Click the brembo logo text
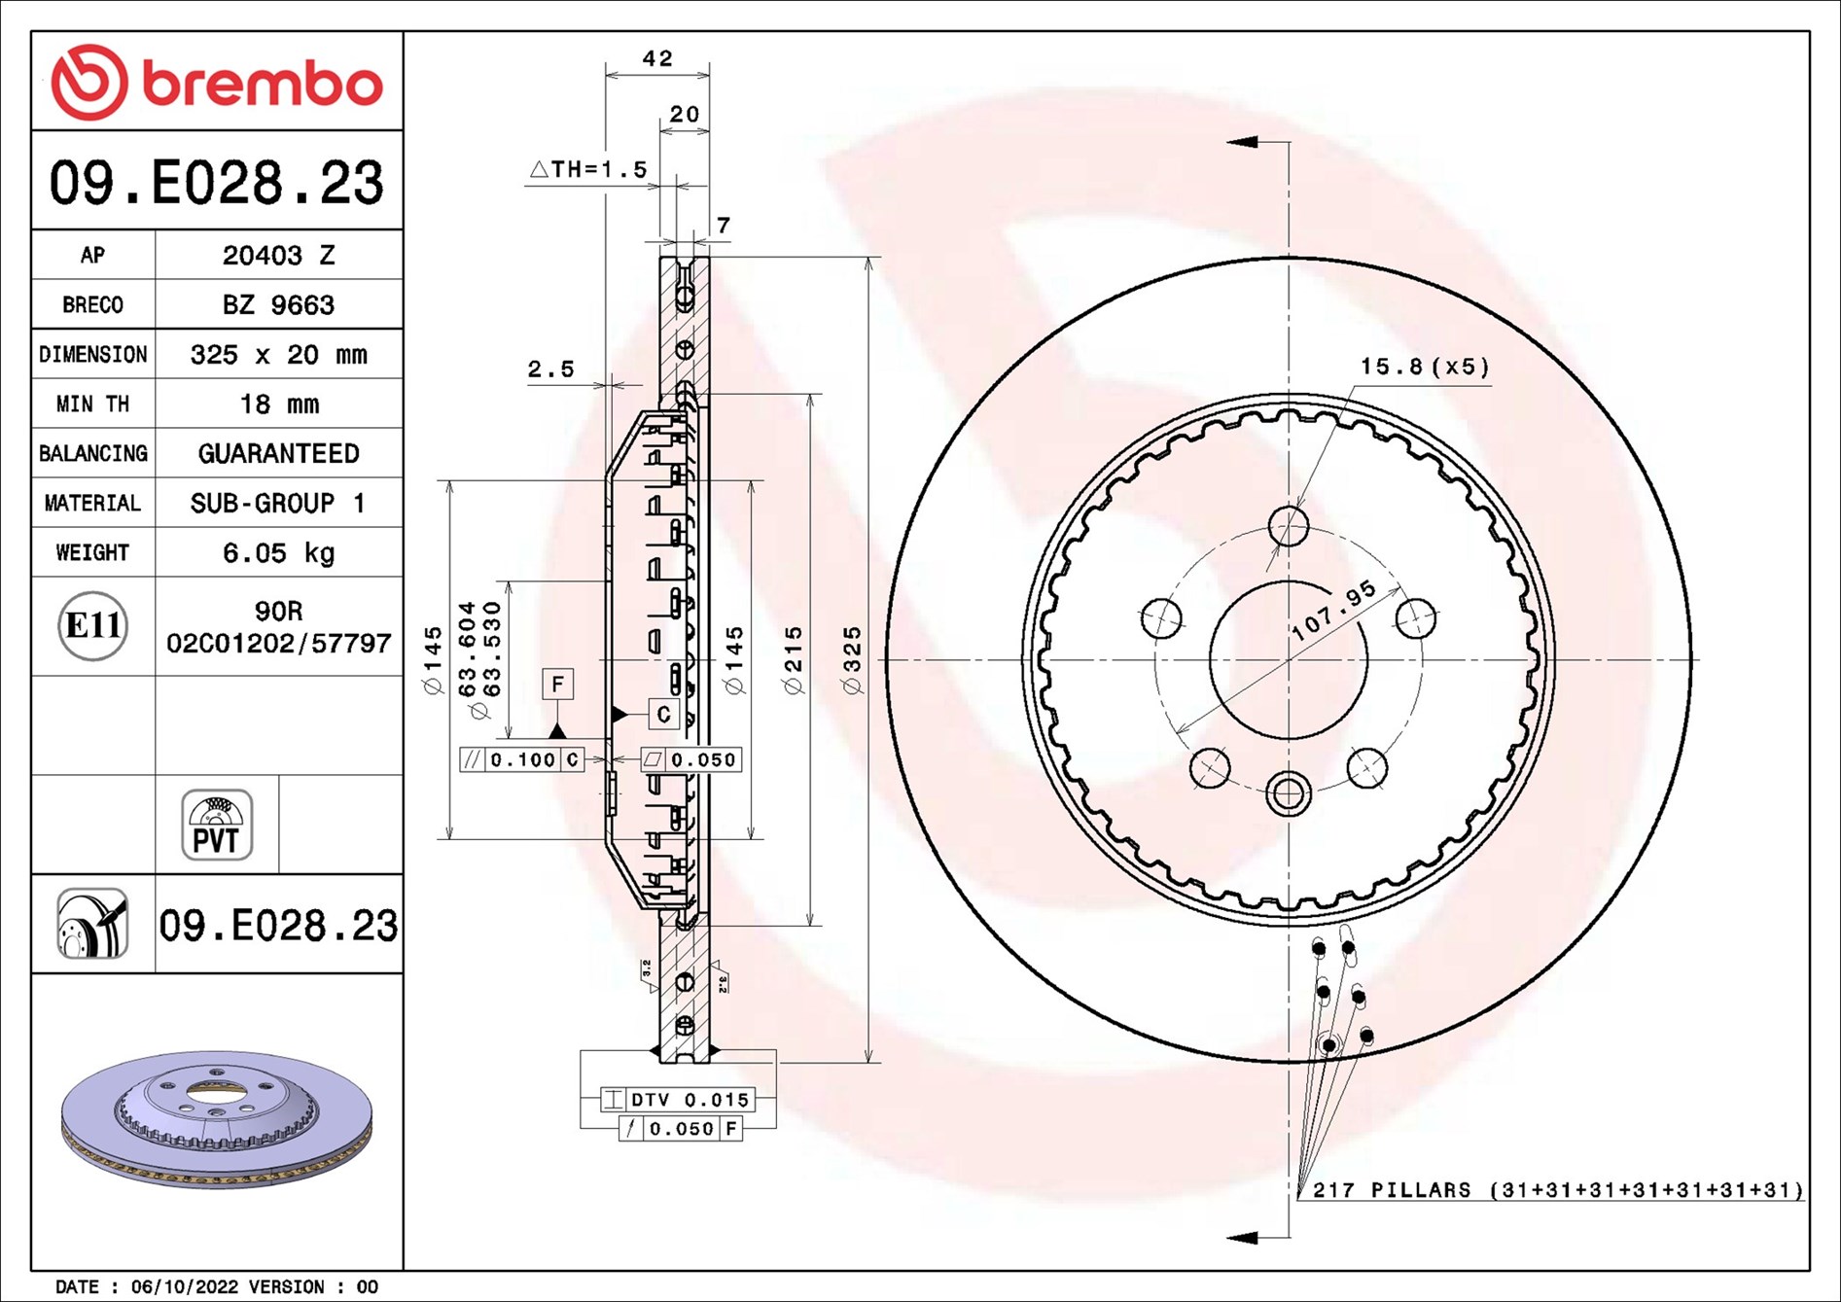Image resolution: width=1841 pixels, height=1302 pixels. click(263, 84)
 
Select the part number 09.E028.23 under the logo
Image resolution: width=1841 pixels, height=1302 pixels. click(217, 182)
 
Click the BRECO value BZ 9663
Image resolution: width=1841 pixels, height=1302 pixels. click(278, 305)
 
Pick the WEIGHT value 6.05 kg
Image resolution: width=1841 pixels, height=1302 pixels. click(278, 553)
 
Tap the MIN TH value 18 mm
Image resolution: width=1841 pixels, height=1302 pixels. click(278, 405)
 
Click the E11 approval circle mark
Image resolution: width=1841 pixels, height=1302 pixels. click(92, 625)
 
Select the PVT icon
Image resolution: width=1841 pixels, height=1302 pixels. click(217, 825)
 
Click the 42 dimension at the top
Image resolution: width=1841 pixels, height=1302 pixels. click(657, 58)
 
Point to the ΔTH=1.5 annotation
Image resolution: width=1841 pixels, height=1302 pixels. click(588, 169)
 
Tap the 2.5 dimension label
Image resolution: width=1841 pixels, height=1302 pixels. click(550, 369)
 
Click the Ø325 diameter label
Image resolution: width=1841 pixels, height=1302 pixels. click(852, 660)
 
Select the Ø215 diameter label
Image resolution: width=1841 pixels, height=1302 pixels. click(794, 660)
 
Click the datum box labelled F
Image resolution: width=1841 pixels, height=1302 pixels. click(557, 684)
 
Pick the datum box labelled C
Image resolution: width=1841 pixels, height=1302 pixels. click(663, 715)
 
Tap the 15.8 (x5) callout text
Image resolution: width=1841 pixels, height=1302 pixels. click(1424, 367)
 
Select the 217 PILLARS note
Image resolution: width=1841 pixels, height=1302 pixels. click(1556, 1190)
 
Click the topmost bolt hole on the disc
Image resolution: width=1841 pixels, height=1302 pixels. click(1289, 526)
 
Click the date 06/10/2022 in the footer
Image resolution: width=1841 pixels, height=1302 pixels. click(185, 1286)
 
